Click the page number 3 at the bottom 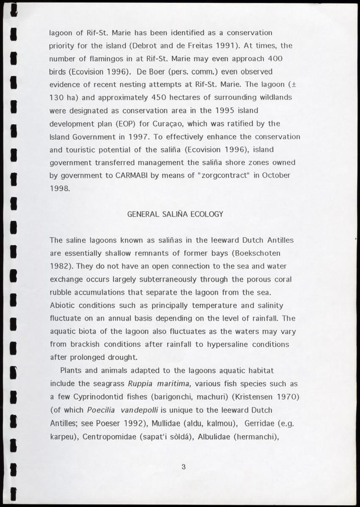click(183, 467)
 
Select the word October click(276, 176)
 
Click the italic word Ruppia click(141, 384)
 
